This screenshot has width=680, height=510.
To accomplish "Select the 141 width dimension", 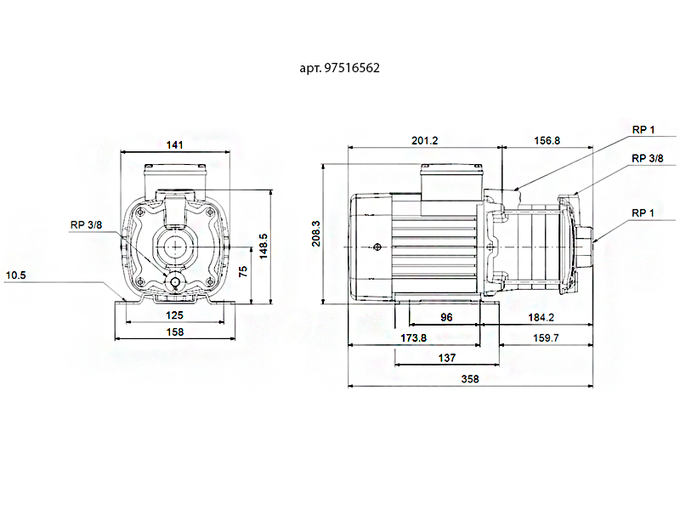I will (174, 145).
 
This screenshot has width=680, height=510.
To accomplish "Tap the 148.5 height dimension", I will (263, 245).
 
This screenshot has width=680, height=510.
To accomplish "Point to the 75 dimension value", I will (243, 272).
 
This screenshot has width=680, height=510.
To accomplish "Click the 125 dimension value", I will (175, 314).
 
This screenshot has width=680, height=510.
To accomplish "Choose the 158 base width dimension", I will (175, 332).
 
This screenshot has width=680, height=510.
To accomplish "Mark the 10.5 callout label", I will (17, 275).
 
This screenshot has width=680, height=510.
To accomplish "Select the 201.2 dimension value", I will (424, 140).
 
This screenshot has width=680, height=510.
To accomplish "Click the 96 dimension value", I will (446, 317).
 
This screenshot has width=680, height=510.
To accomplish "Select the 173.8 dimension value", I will (413, 338).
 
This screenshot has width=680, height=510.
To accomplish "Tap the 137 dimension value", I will (446, 358).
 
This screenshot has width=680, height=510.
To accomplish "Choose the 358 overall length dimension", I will (469, 379).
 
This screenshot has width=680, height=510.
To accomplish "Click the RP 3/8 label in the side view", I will (649, 158).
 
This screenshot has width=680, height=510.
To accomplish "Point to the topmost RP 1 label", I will (643, 129).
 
